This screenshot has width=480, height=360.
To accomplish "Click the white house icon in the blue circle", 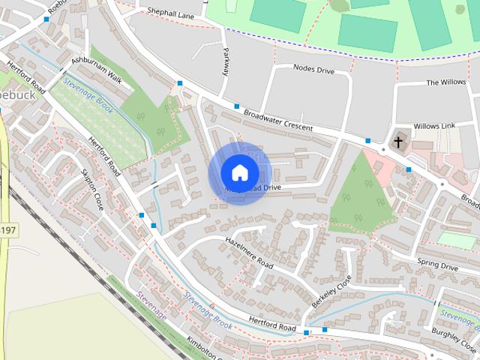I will tap(239, 172).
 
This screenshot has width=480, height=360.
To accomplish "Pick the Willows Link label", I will tap(434, 126).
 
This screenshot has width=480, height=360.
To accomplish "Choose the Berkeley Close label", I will tap(331, 292).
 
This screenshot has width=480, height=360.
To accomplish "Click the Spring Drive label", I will tap(437, 265).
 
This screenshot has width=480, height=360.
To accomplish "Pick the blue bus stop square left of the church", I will tap(368, 141).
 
